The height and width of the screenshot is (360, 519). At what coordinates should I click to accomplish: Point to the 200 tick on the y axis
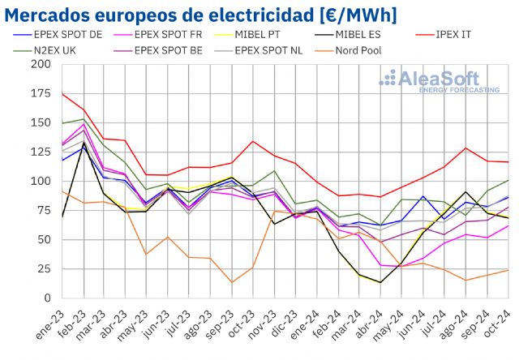41,64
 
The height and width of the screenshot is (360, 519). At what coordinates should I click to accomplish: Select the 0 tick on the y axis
48,298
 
